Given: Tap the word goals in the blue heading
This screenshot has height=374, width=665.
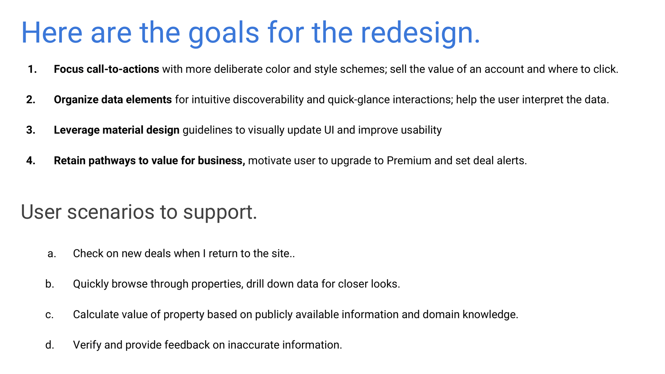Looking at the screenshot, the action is click(223, 33).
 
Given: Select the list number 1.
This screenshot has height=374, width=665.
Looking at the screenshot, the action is click(32, 69).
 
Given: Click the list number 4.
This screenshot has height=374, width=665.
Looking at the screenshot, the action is click(31, 161).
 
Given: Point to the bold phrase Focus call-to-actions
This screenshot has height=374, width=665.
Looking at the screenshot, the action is click(106, 69).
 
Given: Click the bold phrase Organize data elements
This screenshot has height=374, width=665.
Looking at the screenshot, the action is click(113, 100).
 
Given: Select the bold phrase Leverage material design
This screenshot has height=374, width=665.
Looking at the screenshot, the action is click(116, 130).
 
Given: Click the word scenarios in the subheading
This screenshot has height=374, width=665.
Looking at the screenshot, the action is click(110, 212).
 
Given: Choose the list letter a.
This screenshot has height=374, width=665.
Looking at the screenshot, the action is click(52, 254).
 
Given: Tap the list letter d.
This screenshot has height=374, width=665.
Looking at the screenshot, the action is click(50, 345).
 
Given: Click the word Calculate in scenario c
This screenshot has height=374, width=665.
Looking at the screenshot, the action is click(96, 314).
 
